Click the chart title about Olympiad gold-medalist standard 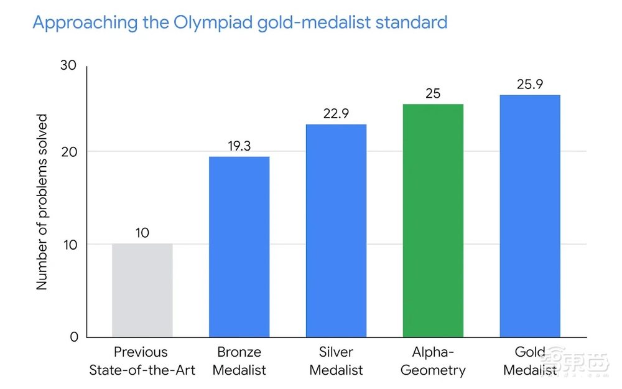(x=239, y=22)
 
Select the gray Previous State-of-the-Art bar (x=142, y=290)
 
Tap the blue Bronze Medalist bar (x=239, y=246)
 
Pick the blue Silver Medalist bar (x=336, y=230)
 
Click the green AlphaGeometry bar (x=433, y=220)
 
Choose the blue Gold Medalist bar (x=530, y=216)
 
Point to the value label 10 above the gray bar (x=142, y=233)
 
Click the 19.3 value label (x=239, y=146)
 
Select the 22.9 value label (x=336, y=114)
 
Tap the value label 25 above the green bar (x=433, y=94)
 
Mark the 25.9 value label (x=530, y=85)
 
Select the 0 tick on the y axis (x=74, y=337)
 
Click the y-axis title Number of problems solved (x=42, y=202)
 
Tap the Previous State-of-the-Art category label (x=142, y=361)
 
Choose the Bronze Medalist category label (x=239, y=361)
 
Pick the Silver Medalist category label (x=336, y=361)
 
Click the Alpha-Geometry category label (x=433, y=361)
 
